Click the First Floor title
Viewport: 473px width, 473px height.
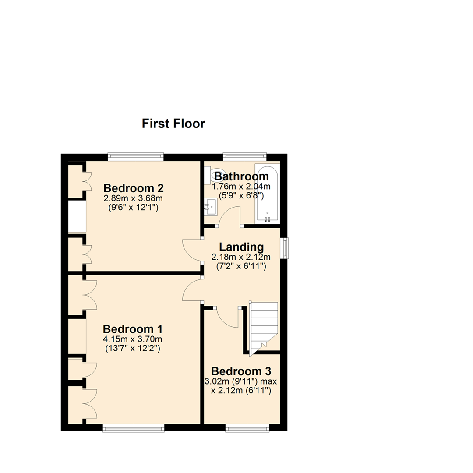[173, 124]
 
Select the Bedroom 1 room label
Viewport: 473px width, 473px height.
[133, 328]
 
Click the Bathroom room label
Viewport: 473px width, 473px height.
[241, 176]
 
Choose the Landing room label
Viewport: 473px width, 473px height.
[241, 247]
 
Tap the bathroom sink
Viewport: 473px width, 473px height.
[212, 206]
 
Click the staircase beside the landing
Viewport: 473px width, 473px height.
[263, 324]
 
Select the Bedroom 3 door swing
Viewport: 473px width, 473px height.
[228, 318]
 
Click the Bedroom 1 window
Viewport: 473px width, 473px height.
[134, 427]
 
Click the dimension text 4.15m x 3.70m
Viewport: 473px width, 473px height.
[133, 339]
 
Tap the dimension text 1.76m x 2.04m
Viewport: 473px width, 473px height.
[241, 187]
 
